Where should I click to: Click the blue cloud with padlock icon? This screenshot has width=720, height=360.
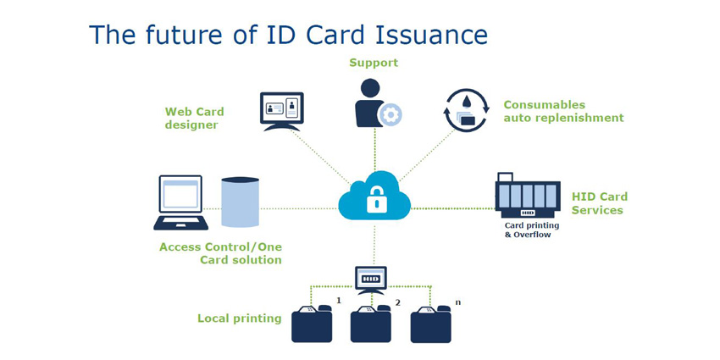pos(374,197)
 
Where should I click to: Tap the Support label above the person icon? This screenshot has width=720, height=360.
pos(374,63)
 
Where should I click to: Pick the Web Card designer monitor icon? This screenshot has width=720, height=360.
pos(281,111)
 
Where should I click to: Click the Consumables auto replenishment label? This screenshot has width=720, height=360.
pos(563,111)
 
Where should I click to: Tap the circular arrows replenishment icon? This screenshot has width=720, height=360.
pos(467,110)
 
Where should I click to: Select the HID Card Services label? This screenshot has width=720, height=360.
pos(599,203)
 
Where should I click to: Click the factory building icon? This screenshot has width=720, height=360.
pos(527,196)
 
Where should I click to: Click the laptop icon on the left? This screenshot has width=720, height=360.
pos(180,202)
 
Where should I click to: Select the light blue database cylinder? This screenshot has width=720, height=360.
pos(240,202)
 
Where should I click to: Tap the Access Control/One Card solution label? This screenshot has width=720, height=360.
pos(220,253)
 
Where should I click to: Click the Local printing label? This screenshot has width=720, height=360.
pos(239,318)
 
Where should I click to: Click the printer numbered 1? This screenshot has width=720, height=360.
pos(312,324)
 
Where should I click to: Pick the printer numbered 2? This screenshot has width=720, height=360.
pos(371,324)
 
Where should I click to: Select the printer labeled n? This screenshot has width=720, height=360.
pos(430,324)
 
